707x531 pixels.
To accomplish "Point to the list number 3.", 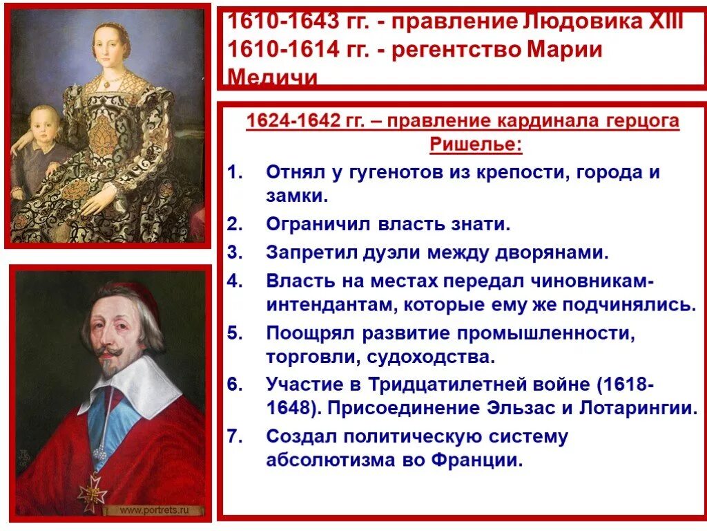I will coord(235,252).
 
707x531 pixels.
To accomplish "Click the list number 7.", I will coord(235,437).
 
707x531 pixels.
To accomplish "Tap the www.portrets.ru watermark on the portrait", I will coord(154,510).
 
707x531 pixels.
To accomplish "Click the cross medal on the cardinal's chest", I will coord(92,492).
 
